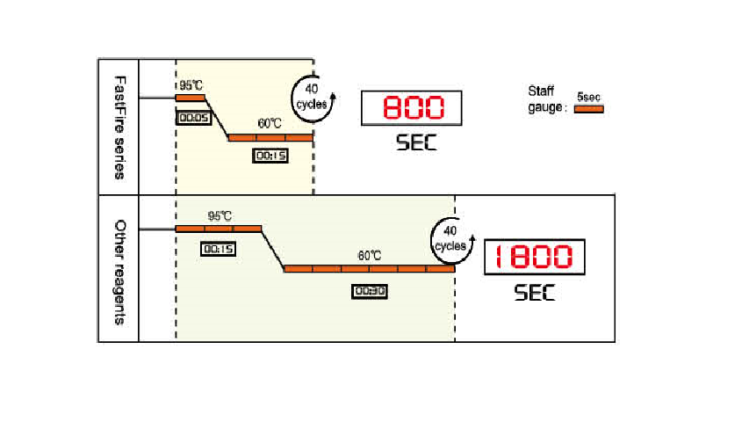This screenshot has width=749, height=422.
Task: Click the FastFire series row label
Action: (119, 127)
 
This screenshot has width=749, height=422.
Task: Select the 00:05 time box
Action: (192, 116)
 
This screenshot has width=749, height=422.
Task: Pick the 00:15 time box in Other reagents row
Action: (218, 249)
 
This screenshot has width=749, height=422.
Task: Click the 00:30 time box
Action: (370, 291)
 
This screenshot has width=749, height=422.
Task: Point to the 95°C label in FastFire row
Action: (191, 85)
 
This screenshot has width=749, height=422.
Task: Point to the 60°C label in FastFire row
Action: (270, 124)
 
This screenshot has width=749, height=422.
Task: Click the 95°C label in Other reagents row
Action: (219, 215)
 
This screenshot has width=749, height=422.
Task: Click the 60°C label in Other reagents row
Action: (369, 255)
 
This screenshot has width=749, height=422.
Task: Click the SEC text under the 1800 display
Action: (535, 292)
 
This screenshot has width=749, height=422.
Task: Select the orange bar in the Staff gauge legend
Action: (588, 109)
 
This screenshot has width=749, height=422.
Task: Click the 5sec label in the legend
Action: (588, 98)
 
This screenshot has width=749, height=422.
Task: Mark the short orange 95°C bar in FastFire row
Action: (190, 98)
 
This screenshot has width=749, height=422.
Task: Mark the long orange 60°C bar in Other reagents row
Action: (369, 268)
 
